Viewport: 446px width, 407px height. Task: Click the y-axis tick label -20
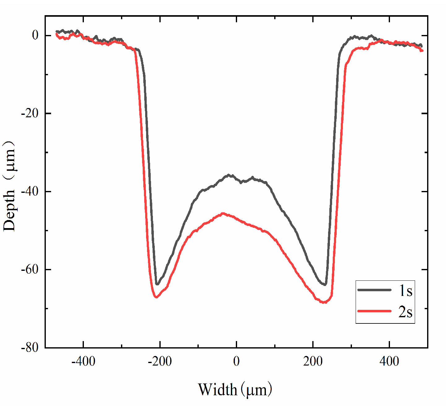tap(31, 114)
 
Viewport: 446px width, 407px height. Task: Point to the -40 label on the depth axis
tap(31, 192)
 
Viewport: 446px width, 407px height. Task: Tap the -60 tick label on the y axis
tap(31, 270)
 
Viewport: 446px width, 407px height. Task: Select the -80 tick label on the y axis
tap(31, 348)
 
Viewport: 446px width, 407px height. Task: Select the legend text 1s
tap(405, 291)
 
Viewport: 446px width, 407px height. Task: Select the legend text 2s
tap(405, 312)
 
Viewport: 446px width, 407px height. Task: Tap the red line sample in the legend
tap(375, 311)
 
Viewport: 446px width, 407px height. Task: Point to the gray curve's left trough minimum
tap(157, 284)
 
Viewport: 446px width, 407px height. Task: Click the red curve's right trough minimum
tap(324, 302)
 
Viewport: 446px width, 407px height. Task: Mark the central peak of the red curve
tap(223, 213)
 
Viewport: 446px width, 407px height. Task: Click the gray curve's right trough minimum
tap(325, 284)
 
